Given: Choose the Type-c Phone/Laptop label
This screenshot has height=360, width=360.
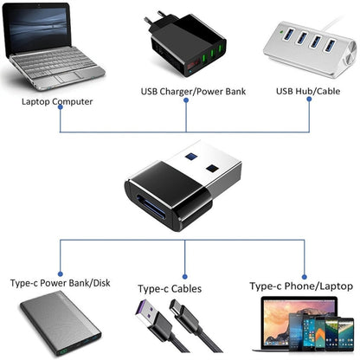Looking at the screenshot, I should pyautogui.click(x=299, y=285).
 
